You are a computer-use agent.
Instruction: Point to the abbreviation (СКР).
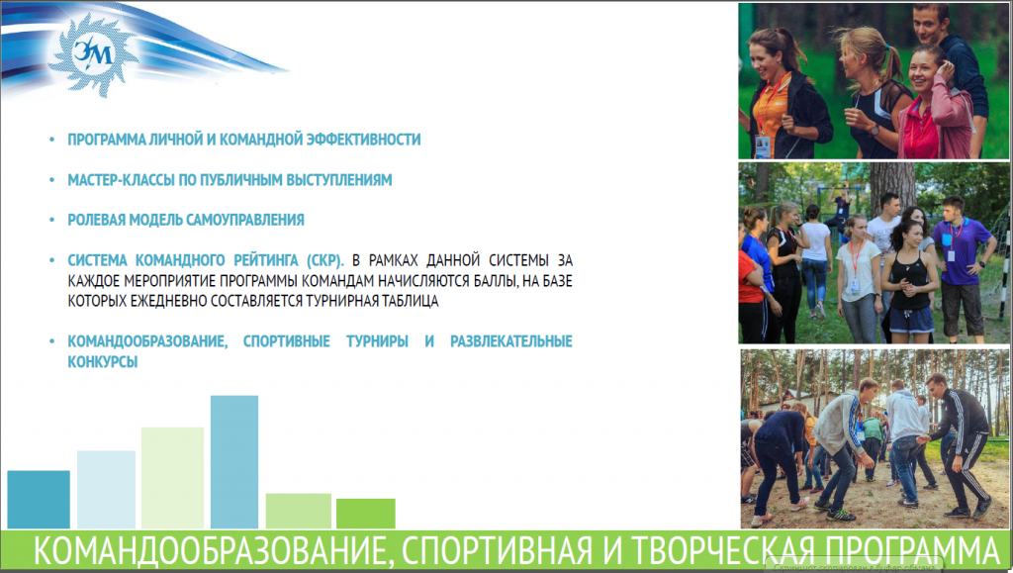pos(324,260)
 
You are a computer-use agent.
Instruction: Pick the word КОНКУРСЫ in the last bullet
pos(103,362)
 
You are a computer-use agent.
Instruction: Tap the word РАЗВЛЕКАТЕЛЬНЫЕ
pos(511,341)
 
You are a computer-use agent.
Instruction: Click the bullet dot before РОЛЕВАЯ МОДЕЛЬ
pos(51,221)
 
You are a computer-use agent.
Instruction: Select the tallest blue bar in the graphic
pos(234,462)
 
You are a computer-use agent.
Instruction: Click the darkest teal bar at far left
pos(39,500)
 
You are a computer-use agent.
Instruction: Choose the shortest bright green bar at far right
pos(366,514)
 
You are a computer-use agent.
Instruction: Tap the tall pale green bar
pos(172,478)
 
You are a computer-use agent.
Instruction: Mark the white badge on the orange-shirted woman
pos(763,146)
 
